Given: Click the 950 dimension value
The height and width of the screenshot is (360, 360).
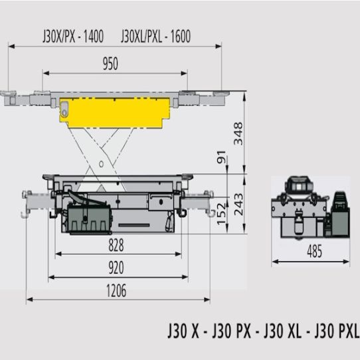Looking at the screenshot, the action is pos(110,64).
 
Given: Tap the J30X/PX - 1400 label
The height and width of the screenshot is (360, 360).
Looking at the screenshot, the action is pos(73,37).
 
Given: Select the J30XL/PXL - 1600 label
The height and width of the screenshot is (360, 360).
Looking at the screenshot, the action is pos(155,37).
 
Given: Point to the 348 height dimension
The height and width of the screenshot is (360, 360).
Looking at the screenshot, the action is pos(238,134).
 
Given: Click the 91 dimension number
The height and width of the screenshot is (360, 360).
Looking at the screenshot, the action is pos(221,157).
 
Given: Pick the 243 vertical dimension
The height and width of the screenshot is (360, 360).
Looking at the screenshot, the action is pos(238,205).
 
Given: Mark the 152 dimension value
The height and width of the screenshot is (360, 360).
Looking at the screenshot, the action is pos(222,213).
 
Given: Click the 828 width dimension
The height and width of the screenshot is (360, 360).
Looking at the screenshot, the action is pos(116,245).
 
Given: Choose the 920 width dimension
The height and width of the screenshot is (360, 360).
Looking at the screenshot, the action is pos(116,268).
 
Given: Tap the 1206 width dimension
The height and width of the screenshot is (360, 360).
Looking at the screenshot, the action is pos(116,291).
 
